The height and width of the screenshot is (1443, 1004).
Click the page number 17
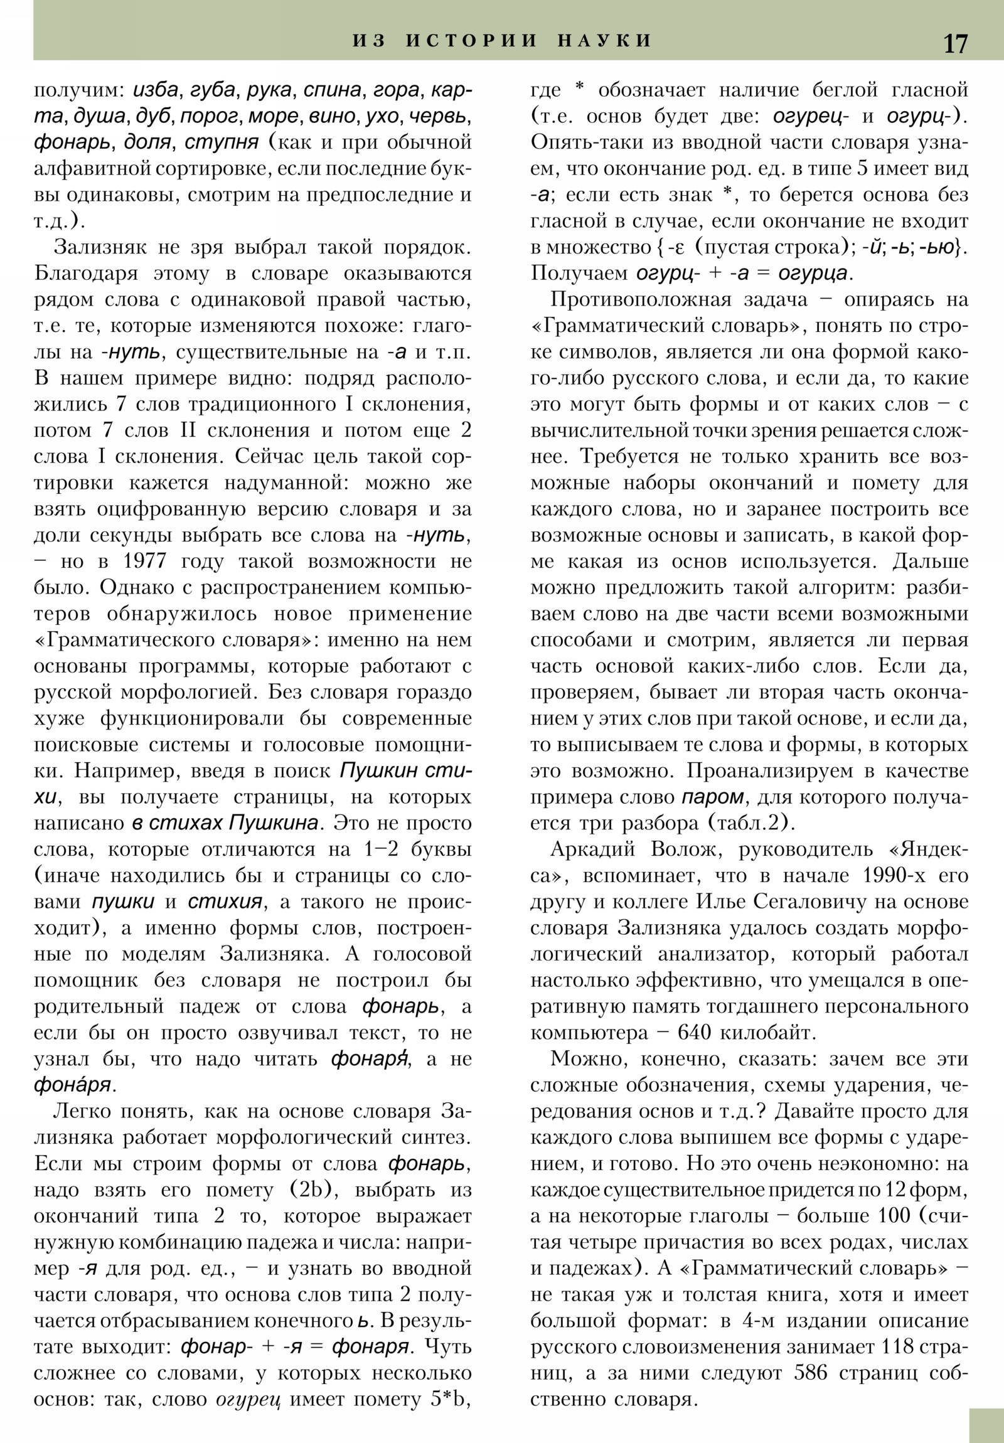tap(955, 44)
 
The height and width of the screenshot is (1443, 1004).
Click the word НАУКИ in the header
tap(605, 41)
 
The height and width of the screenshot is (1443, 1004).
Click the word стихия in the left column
tap(225, 903)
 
